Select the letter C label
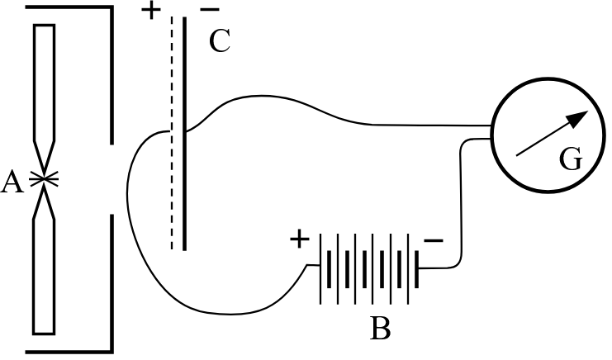coord(219,42)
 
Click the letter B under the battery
coord(380,329)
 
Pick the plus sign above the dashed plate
coord(151,12)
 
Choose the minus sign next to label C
coord(210,12)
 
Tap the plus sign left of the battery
coord(299,241)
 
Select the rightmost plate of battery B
coord(419,268)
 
